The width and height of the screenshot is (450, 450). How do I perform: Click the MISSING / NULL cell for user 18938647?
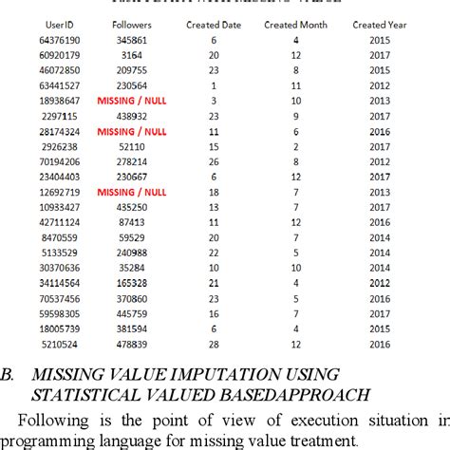coord(131,100)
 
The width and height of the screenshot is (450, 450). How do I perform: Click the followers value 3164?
coord(131,55)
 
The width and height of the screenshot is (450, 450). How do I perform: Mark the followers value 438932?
coord(131,115)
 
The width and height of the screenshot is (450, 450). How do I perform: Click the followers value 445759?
coord(131,311)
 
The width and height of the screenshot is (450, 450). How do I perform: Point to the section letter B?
coord(8,374)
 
